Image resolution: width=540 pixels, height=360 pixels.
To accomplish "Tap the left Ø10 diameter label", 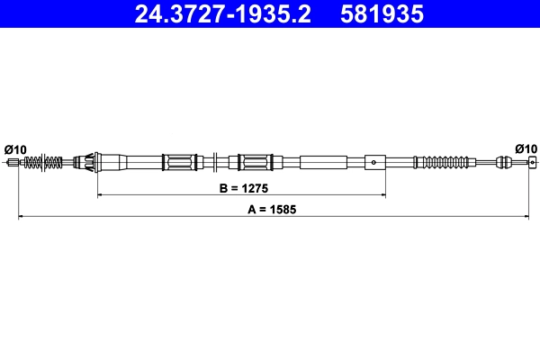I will coord(15,148).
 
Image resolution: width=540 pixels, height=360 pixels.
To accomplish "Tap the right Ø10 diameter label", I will coord(526,148).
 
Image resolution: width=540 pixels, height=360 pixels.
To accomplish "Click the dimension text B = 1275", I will coord(244,189).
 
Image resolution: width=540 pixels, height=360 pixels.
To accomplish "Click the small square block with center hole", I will coord(374,163).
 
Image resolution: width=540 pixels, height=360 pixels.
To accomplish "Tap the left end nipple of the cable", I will coord(13,163).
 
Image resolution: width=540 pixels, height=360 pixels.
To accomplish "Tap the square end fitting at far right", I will coord(532,163).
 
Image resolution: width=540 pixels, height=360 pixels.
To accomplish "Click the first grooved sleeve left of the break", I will coord(179,163).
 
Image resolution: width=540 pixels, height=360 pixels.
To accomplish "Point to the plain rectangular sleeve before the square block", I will coord(322,163).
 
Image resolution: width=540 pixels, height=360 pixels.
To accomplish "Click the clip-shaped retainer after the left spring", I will coord(87,163).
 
